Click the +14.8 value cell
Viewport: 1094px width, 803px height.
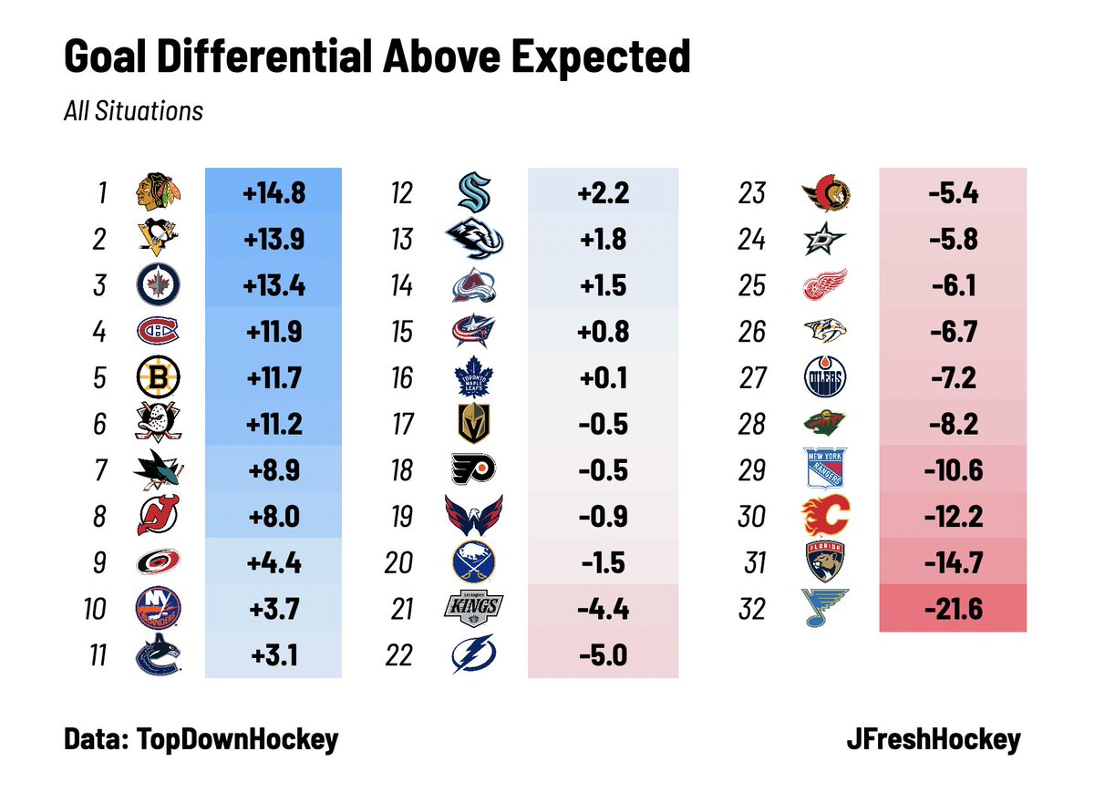273,193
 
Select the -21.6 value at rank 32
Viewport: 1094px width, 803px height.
952,609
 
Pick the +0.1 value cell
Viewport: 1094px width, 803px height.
603,378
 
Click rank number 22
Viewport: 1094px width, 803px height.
398,655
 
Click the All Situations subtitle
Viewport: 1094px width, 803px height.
133,111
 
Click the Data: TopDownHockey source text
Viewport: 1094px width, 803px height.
201,739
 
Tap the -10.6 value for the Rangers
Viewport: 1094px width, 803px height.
952,470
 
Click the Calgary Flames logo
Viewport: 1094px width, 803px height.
826,517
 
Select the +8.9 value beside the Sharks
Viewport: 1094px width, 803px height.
273,470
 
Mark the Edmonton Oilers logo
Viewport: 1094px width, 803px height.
826,378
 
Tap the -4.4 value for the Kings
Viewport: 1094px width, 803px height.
603,609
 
